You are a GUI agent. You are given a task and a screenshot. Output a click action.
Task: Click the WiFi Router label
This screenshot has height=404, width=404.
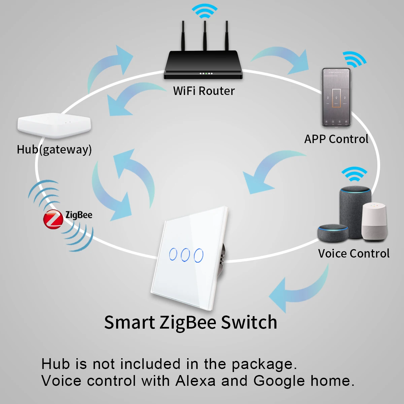tap(204, 91)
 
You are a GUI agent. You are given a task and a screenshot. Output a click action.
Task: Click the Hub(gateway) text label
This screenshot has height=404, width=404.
tap(54, 149)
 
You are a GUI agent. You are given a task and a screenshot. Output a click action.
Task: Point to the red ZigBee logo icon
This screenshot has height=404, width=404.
tap(53, 219)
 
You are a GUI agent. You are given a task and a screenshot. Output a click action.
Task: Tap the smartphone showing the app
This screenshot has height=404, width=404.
tap(336, 98)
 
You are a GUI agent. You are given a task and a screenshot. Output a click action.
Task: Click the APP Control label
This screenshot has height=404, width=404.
tap(336, 139)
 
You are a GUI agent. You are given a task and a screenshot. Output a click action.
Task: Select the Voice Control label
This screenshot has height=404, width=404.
tap(353, 254)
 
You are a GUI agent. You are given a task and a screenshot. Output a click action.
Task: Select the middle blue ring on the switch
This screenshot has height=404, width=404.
tap(186, 255)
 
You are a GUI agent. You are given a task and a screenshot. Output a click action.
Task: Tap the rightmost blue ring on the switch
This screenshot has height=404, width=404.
tap(199, 255)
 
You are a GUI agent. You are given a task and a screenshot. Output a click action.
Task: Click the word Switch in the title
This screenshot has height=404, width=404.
tap(249, 322)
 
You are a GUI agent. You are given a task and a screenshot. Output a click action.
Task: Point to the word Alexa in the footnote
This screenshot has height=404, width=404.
tap(195, 381)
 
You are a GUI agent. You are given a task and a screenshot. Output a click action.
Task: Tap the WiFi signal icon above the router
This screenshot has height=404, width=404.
tap(204, 12)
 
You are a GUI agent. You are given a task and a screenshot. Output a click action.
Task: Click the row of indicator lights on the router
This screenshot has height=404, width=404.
tap(206, 73)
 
